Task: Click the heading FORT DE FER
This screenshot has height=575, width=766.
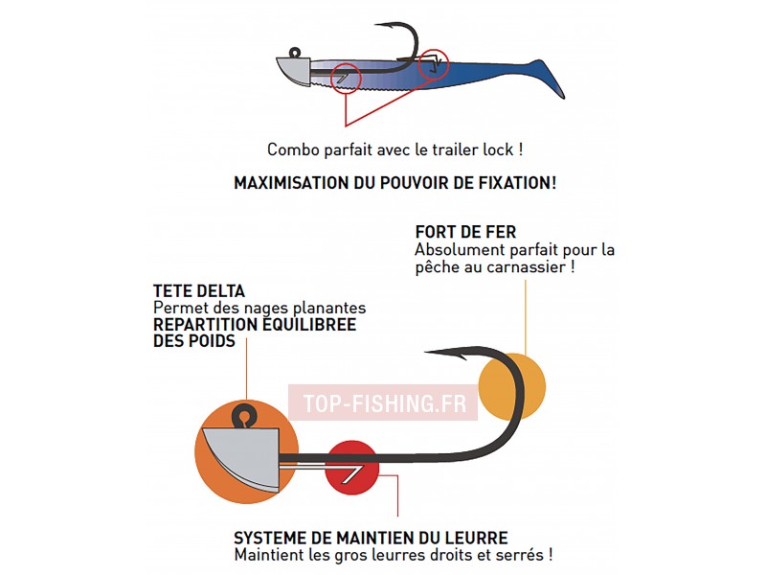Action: point(465,232)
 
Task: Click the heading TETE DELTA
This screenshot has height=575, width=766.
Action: point(199,291)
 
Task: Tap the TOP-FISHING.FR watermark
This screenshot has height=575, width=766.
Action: point(385,403)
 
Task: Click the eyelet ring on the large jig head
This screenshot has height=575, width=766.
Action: point(243,416)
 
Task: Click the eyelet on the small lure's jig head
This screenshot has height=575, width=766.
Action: point(295,52)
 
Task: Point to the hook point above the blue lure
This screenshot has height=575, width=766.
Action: point(377,25)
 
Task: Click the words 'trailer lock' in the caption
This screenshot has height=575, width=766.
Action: point(473,149)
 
